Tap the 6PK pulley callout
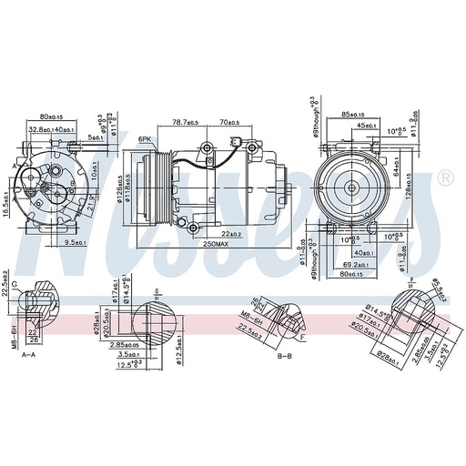(145, 139)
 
